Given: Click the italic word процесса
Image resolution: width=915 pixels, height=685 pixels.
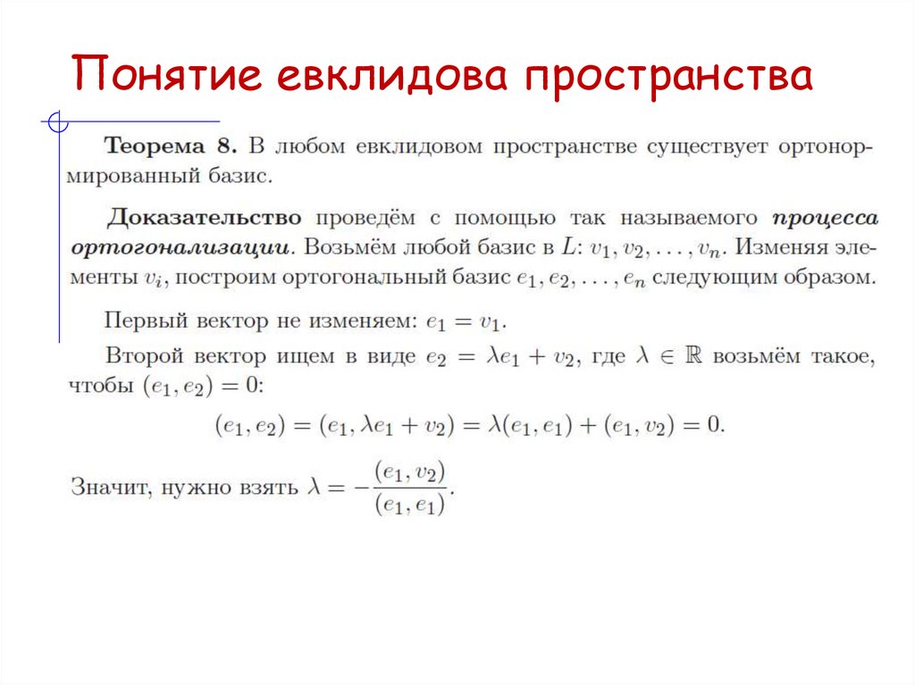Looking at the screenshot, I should [x=825, y=218].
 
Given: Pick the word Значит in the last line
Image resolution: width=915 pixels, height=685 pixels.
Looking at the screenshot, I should [x=101, y=487].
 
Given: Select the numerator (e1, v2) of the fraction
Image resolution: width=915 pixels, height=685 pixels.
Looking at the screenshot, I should [x=411, y=472].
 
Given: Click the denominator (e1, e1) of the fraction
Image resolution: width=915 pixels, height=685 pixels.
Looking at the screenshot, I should [x=411, y=505].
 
